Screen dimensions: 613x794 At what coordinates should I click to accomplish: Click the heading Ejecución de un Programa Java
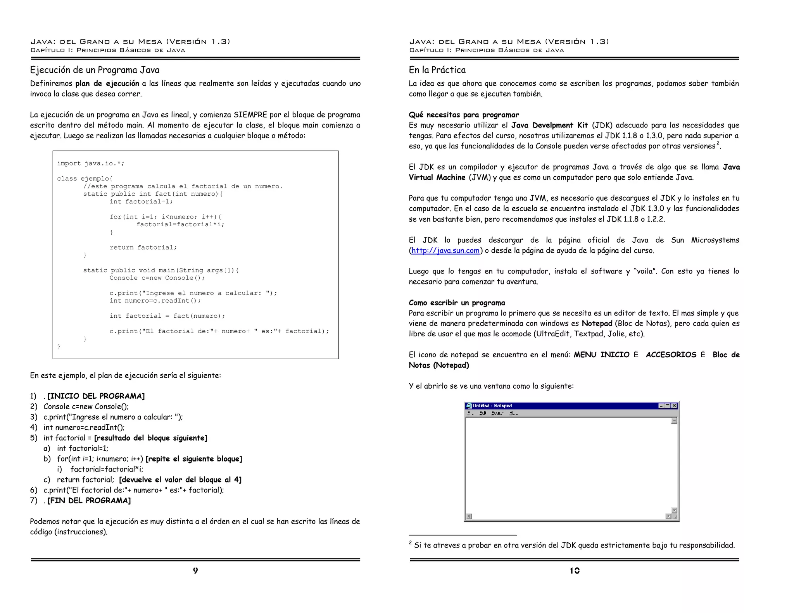95,70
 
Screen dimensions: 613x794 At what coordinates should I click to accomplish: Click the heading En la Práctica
437,70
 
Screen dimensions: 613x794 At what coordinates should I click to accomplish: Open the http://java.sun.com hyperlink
445,251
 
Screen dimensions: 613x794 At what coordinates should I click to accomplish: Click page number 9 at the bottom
195,570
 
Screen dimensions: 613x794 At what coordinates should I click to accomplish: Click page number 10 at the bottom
574,570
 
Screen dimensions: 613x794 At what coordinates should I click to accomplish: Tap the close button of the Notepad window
674,406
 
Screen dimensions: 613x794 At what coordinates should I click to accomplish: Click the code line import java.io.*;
91,164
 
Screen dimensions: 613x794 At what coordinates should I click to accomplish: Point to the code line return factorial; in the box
143,248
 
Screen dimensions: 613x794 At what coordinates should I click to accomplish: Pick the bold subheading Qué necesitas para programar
464,115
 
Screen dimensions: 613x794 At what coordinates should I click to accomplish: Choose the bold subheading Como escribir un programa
457,303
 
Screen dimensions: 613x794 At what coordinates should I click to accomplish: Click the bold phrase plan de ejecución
107,83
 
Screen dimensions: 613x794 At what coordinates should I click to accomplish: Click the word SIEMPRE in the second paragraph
250,115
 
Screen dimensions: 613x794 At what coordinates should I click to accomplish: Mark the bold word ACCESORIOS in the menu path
671,355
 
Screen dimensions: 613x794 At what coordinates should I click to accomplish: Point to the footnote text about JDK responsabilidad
574,545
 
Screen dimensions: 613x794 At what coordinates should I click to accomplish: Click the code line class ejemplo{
85,179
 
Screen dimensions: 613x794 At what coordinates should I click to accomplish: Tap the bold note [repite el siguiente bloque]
194,459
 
